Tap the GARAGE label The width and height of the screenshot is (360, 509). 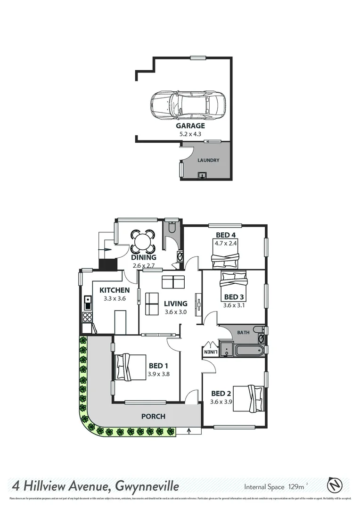[190, 126]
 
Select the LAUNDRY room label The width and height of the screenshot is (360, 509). [208, 160]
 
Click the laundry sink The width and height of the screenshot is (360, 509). [203, 176]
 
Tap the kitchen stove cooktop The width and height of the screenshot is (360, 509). [87, 316]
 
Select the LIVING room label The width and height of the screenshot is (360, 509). [176, 304]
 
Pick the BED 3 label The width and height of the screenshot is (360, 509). [234, 297]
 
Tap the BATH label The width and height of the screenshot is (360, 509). [243, 333]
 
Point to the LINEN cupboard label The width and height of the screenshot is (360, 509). [210, 352]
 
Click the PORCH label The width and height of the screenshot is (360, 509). [154, 416]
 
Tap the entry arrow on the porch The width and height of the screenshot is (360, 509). [189, 430]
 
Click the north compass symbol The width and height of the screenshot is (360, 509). [335, 485]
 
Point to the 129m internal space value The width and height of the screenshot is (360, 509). [295, 486]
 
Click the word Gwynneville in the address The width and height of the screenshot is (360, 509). [144, 485]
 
